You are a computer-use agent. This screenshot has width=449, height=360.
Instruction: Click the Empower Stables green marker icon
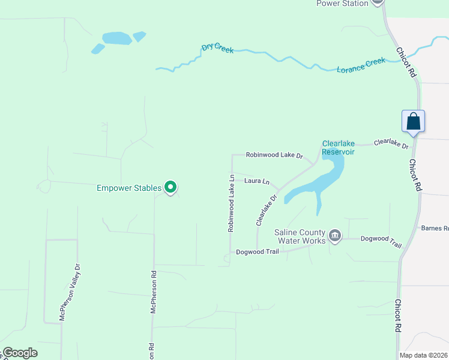(x=170, y=188)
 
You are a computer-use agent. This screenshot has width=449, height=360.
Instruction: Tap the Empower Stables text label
(x=129, y=188)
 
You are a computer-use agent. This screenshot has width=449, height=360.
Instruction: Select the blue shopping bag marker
(x=414, y=121)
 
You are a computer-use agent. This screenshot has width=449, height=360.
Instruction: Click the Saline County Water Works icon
(x=335, y=235)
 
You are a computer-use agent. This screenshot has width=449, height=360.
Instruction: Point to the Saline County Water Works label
(x=300, y=236)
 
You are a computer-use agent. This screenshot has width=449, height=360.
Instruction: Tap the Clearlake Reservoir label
(x=339, y=148)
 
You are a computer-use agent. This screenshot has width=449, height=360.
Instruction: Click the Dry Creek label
(x=217, y=47)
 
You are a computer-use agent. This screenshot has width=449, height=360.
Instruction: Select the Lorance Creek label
(x=361, y=65)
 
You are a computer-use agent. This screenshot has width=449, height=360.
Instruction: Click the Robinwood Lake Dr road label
(x=274, y=155)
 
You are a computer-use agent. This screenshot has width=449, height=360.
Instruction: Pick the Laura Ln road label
(x=257, y=181)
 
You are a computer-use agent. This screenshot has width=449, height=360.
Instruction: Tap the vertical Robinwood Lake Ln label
(x=231, y=203)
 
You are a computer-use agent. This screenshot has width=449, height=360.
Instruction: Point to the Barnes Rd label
(x=435, y=228)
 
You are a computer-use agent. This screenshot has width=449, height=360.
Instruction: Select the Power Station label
(x=342, y=4)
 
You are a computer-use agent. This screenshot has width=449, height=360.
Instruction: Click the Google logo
(x=20, y=353)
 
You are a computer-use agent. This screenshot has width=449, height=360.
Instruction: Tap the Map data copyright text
(x=424, y=355)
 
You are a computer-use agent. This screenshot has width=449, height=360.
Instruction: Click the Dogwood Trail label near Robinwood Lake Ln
(x=258, y=251)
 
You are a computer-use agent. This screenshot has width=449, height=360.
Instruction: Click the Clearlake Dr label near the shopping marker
(x=391, y=143)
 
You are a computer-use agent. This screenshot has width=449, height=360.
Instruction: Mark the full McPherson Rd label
(x=154, y=292)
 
